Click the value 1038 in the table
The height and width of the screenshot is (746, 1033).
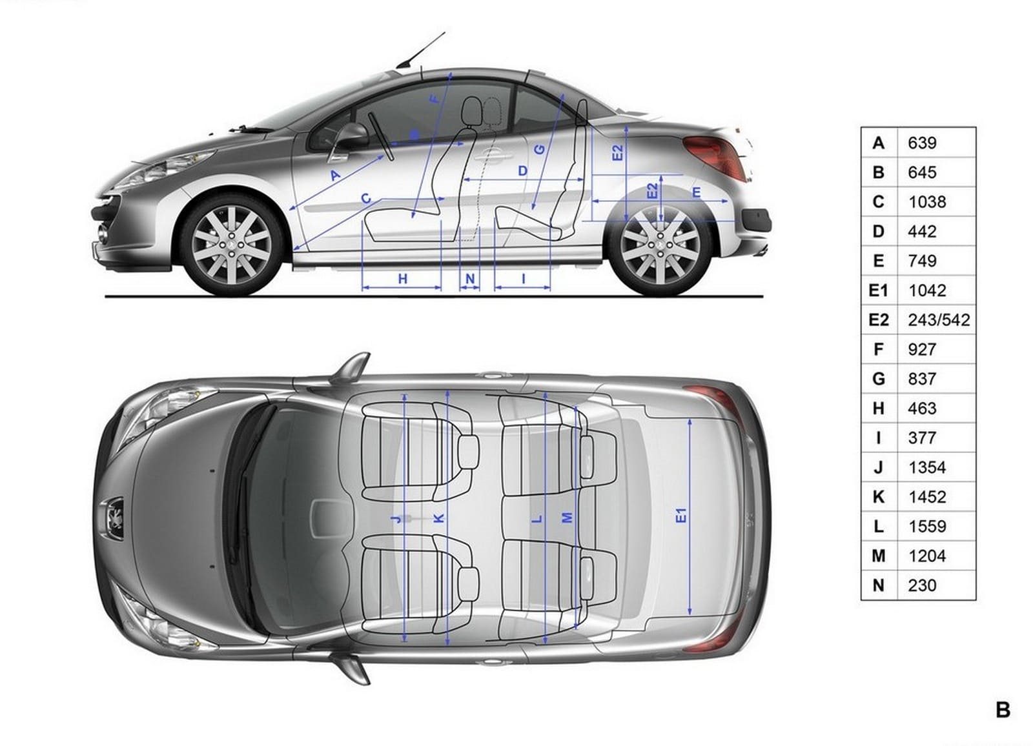(927, 202)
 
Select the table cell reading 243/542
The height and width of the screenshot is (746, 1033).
(939, 320)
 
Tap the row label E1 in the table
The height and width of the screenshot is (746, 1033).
(878, 290)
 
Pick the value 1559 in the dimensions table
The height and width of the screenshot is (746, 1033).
(927, 527)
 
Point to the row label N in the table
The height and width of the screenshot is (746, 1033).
(878, 585)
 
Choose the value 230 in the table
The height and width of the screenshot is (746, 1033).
(923, 585)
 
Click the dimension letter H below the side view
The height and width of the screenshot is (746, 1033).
(403, 279)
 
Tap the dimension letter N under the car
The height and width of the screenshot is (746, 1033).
(470, 279)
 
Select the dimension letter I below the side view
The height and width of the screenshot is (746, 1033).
(524, 279)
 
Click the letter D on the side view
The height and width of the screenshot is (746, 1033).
(522, 171)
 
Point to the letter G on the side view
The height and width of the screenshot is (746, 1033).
(539, 149)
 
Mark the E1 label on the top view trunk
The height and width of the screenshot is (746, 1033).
(681, 516)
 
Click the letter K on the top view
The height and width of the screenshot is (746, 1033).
(440, 518)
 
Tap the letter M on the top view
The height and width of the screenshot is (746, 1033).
(568, 518)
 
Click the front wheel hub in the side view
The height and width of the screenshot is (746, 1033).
(230, 245)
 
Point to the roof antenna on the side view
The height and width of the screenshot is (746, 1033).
(420, 51)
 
